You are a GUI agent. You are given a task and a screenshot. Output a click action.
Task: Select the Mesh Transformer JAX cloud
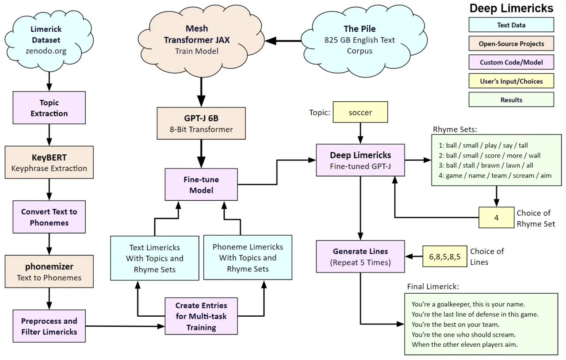coord(197,40)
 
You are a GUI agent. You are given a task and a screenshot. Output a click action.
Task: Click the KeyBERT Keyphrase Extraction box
coord(49,162)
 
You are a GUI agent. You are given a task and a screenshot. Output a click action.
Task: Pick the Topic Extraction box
coord(49,108)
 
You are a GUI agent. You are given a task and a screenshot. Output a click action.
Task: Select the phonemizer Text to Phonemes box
coord(49,272)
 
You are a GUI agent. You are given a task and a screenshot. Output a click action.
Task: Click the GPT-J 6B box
coord(201,123)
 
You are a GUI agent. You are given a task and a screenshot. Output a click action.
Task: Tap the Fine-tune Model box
coord(201,184)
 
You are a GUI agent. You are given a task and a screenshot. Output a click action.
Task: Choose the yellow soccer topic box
coord(360,112)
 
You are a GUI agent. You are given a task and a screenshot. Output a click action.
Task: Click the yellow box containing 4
coord(496,218)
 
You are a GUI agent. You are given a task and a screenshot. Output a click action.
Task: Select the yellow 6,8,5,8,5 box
coord(445,257)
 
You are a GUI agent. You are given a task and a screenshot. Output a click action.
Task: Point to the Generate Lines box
coord(360,257)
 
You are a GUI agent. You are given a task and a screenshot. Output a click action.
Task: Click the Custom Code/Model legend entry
coord(511,62)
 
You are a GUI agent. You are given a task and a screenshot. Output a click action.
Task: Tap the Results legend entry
coord(511,100)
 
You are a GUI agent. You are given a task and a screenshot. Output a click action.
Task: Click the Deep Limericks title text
coord(511,8)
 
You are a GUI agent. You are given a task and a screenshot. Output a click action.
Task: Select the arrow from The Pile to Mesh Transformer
coord(283,41)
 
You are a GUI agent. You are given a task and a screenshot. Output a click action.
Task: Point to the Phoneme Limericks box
coord(248,258)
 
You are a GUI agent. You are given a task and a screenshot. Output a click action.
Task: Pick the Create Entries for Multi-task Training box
coord(201,316)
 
